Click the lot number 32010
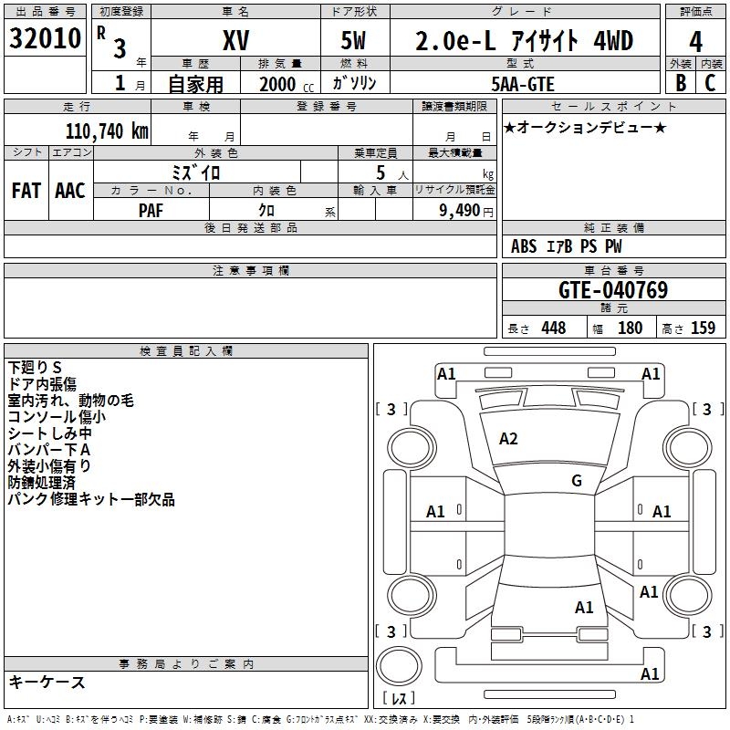coord(46,39)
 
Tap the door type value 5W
coord(356,40)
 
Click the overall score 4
coord(696,41)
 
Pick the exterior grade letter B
coord(680,82)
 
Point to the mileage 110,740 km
coord(107,130)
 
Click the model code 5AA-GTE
coord(523,83)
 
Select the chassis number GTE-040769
coord(613,290)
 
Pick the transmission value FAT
coord(26,191)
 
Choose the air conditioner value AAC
coord(70,191)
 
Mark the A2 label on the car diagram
coord(508,439)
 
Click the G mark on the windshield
coord(577,481)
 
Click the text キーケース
coord(47,683)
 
